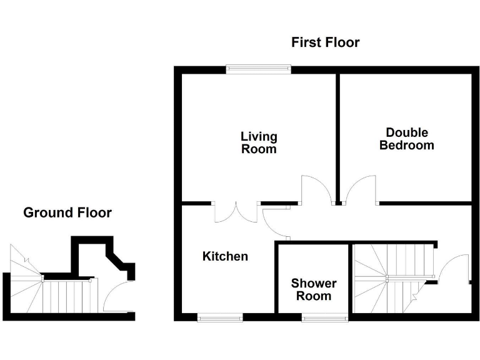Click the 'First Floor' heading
[326, 42]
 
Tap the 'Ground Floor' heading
[67, 212]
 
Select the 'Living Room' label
[259, 142]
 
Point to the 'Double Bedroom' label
[407, 139]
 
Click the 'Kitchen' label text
[225, 256]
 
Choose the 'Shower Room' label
[314, 289]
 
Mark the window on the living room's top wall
[258, 69]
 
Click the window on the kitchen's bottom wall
[220, 318]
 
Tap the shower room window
[325, 318]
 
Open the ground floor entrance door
[116, 297]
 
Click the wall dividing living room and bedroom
[338, 137]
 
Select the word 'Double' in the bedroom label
[407, 132]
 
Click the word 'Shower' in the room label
[314, 284]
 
